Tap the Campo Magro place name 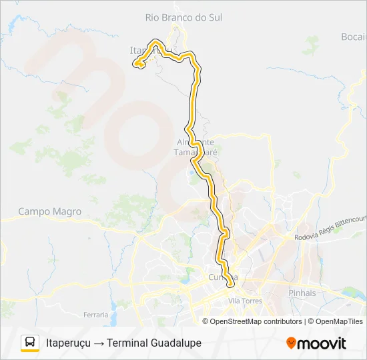49,211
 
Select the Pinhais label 302,293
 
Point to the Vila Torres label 246,301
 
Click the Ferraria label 96,314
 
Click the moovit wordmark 322,343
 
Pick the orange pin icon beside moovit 291,343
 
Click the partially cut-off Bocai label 354,37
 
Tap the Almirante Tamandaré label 196,147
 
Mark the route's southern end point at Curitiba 230,285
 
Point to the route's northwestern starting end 137,64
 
